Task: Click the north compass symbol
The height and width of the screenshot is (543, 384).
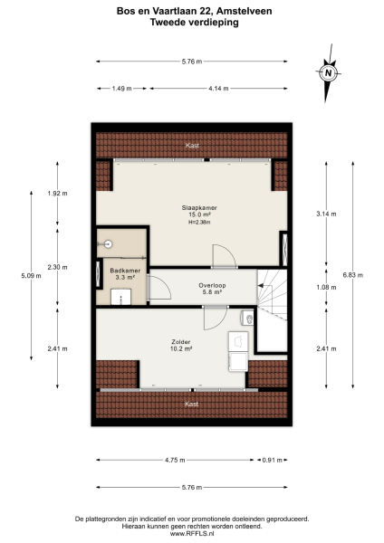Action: click(329, 72)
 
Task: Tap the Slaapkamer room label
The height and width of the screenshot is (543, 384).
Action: click(191, 207)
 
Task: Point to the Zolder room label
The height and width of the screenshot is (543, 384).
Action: click(180, 342)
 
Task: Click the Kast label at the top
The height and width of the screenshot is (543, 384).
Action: click(192, 145)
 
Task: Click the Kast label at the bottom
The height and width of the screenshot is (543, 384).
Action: click(191, 404)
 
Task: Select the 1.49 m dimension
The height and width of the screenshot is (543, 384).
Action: click(122, 89)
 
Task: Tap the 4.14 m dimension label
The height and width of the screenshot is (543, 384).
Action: click(216, 89)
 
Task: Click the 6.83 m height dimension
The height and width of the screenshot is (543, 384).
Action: click(348, 276)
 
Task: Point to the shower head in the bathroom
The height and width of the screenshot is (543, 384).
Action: click(107, 243)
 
